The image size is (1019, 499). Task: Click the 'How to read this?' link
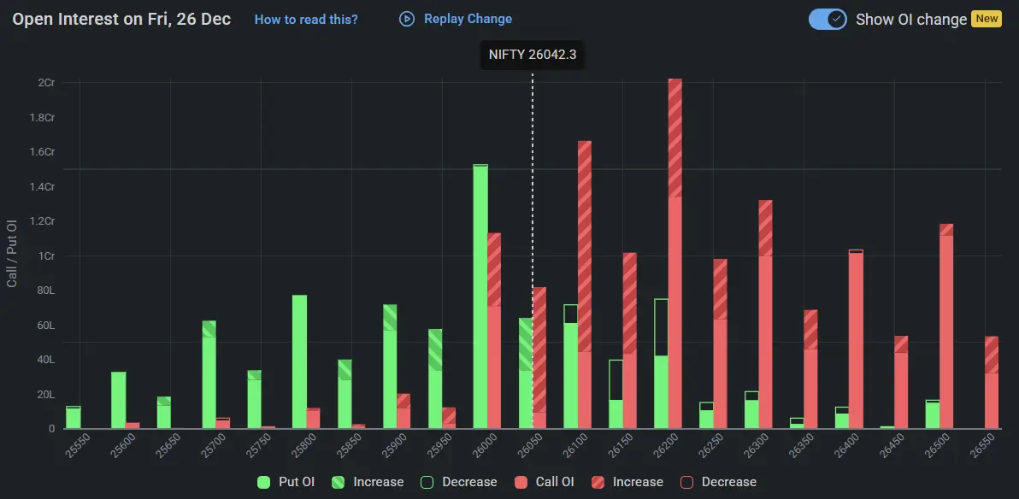(306, 20)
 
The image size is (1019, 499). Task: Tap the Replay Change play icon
(407, 19)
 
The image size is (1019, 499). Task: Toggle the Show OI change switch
(827, 19)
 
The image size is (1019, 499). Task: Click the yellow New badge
(987, 19)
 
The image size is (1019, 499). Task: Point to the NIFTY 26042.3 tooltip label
(532, 55)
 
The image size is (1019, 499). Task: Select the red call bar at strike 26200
(674, 256)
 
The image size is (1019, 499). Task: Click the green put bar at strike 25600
(118, 400)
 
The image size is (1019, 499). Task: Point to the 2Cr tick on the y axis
(46, 83)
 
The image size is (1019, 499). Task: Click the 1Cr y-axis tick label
(46, 256)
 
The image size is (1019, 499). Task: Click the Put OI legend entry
(286, 482)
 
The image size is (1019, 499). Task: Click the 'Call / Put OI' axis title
(12, 253)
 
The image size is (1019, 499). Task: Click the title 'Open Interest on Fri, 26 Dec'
(121, 19)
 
